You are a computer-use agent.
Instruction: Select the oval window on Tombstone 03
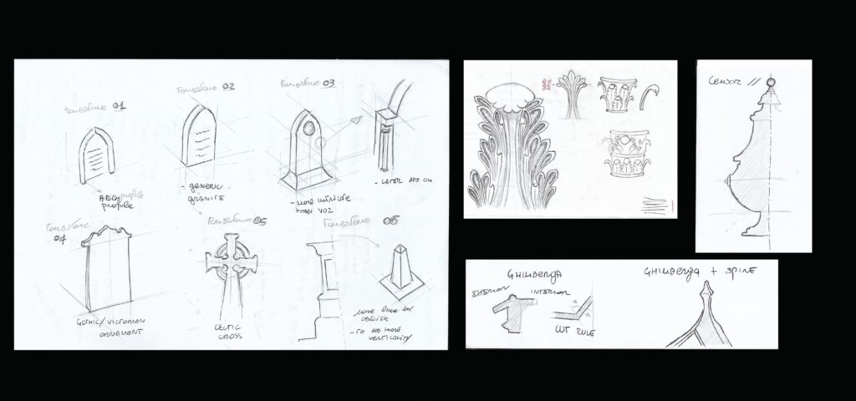pos(308,130)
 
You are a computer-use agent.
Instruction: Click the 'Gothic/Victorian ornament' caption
pos(105,326)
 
